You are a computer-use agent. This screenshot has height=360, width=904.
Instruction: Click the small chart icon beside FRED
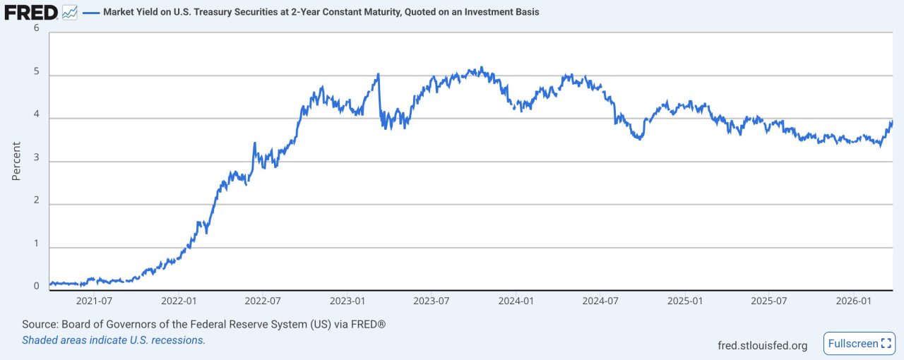(x=69, y=12)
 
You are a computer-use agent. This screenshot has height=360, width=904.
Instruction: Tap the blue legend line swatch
(x=91, y=13)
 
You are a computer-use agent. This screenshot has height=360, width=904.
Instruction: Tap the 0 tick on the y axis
(x=36, y=286)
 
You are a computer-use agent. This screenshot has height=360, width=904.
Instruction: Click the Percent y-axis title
(x=16, y=161)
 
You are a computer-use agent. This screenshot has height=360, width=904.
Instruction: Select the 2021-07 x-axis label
(x=94, y=301)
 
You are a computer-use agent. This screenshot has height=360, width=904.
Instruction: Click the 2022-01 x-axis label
(x=179, y=301)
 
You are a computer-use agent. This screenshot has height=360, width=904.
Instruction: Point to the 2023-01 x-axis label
(x=347, y=301)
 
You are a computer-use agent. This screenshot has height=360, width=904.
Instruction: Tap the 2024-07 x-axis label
(x=600, y=301)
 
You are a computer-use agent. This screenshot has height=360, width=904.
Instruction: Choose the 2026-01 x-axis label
(x=852, y=301)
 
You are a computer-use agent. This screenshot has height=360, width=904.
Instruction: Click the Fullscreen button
(x=859, y=344)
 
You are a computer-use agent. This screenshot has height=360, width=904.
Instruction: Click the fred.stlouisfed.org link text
(x=762, y=345)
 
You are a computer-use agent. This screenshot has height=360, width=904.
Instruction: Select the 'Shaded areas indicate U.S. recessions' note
(x=114, y=340)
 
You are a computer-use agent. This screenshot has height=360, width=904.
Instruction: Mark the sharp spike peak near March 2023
(x=379, y=73)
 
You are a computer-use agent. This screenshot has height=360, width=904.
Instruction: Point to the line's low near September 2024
(x=639, y=139)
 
